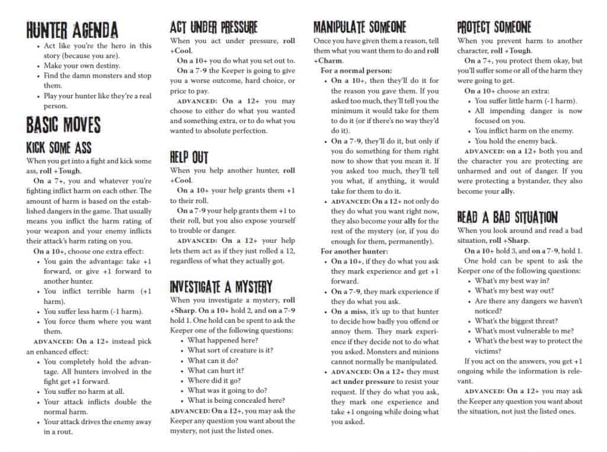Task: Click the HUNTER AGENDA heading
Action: (72, 30)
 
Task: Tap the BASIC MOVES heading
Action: (63, 125)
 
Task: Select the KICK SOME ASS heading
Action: (59, 148)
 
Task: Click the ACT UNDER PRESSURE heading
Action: (213, 27)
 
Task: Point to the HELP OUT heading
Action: (189, 157)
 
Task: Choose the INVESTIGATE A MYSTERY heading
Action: (221, 287)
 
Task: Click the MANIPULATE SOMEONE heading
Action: (360, 27)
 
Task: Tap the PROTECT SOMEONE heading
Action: (494, 27)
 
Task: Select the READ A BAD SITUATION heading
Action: (507, 217)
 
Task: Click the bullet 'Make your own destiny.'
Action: (82, 66)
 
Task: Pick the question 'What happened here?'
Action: (222, 340)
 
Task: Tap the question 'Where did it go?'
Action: (214, 380)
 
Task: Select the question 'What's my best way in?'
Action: (512, 281)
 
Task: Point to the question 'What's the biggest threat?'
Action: (516, 321)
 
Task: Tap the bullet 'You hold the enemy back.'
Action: (516, 141)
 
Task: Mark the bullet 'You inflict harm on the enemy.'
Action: (524, 131)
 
